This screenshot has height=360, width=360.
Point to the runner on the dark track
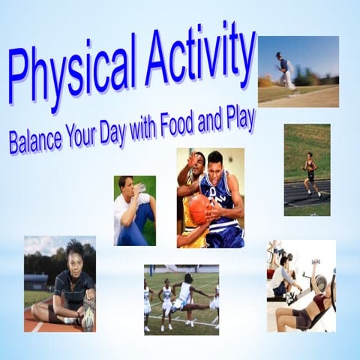[310, 172]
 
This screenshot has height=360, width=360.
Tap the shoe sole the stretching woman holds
[87, 319]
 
